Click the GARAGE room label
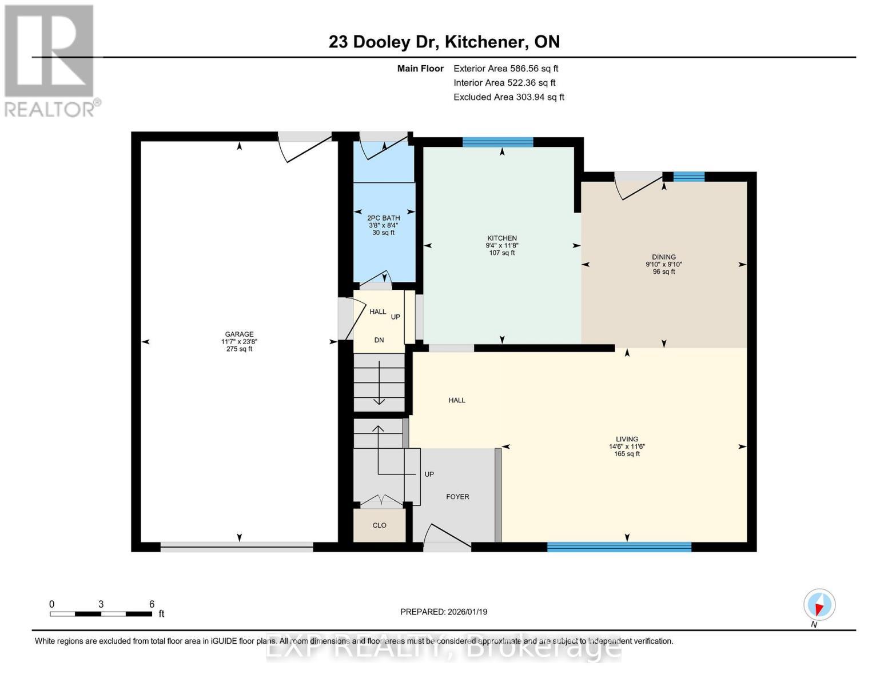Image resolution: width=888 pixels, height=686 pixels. (239, 334)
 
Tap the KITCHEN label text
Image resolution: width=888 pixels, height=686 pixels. (501, 238)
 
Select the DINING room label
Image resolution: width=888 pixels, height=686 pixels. (663, 257)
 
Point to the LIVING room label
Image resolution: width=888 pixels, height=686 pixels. (627, 439)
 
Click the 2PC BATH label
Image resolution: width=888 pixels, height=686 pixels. (383, 218)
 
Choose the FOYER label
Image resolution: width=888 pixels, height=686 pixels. (457, 497)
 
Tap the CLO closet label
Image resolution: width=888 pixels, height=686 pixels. (379, 525)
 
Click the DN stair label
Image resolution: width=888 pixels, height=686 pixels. (379, 340)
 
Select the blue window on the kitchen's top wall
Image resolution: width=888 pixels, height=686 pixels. (497, 142)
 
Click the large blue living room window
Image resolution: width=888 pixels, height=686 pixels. (619, 547)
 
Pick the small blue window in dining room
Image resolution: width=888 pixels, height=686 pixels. (688, 177)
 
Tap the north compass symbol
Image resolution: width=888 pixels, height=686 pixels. (819, 605)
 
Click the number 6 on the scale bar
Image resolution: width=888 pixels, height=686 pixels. (152, 604)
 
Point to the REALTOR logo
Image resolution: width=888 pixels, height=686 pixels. (50, 60)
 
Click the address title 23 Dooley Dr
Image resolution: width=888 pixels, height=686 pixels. (444, 42)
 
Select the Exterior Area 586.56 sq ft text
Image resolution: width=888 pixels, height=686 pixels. (505, 69)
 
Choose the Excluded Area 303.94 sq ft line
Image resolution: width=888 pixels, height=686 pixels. (508, 97)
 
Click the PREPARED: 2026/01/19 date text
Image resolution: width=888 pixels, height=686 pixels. (443, 612)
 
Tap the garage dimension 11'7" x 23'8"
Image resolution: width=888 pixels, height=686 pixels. (239, 342)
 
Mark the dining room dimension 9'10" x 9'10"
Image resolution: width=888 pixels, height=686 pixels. (663, 265)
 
